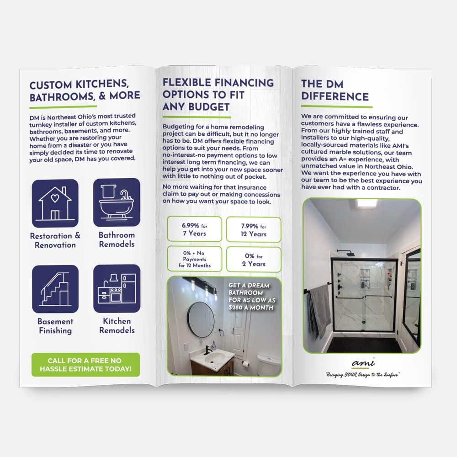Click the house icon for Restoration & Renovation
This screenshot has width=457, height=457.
[x=55, y=203]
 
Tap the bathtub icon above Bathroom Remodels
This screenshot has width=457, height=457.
[x=117, y=202]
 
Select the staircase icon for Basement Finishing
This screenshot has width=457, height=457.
[x=55, y=289]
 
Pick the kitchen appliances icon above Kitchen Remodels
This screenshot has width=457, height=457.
[x=117, y=288]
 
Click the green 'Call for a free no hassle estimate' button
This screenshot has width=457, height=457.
[x=86, y=365]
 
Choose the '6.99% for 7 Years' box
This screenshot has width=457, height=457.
[x=194, y=229]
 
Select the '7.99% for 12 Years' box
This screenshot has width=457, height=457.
[x=254, y=230]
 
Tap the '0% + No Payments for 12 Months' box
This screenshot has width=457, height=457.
[x=194, y=259]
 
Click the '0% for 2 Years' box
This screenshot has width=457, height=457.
[x=254, y=260]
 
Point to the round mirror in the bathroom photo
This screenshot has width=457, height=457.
[x=201, y=319]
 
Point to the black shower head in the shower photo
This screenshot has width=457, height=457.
[x=348, y=253]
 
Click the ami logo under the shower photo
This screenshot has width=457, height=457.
[x=363, y=362]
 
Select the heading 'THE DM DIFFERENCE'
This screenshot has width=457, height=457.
[x=335, y=90]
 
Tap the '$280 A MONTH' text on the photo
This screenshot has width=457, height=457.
[x=251, y=308]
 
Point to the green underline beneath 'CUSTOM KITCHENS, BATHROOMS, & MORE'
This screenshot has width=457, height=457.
[x=63, y=107]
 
